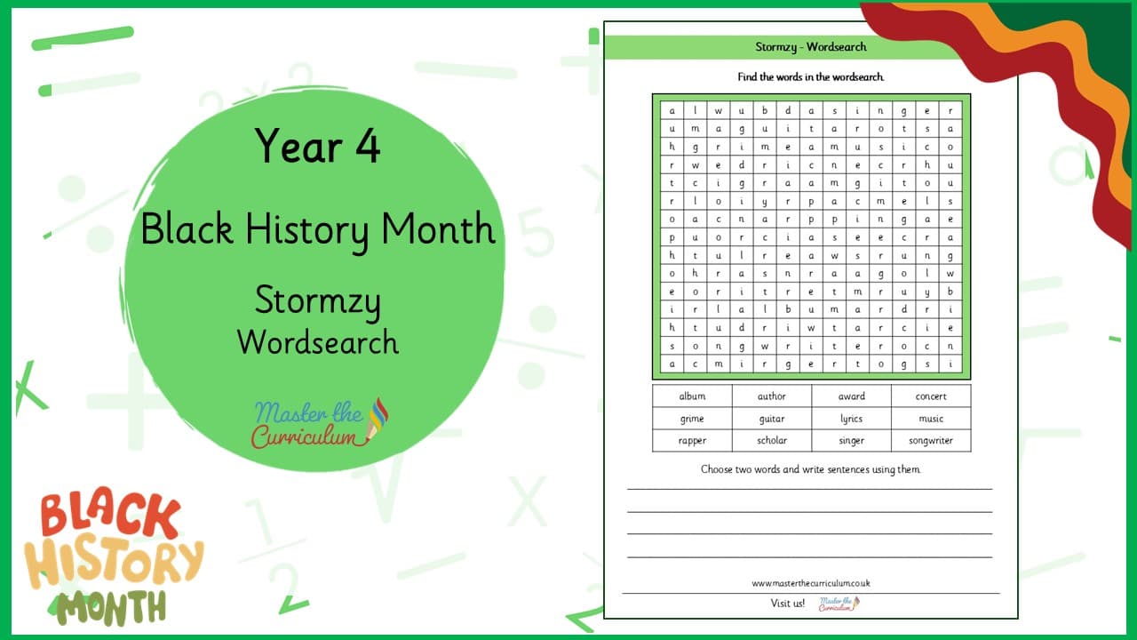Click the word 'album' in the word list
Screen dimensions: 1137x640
(x=692, y=396)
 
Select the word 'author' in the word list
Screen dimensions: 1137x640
(x=772, y=396)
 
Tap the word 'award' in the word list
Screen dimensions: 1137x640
(x=851, y=396)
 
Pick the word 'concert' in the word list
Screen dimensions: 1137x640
(x=931, y=396)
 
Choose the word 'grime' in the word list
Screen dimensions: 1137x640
(x=692, y=419)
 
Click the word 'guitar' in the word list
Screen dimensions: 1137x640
(x=772, y=419)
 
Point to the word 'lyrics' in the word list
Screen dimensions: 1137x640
(x=851, y=419)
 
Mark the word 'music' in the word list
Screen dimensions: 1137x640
(x=931, y=419)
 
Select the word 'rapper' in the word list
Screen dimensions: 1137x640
(x=692, y=441)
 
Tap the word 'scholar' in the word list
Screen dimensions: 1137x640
(x=772, y=440)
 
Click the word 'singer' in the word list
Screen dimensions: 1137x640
(x=851, y=441)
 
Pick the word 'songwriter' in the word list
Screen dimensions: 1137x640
(x=931, y=441)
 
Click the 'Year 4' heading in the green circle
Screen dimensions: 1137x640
(x=317, y=146)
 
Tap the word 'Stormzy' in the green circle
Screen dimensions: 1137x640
(x=317, y=300)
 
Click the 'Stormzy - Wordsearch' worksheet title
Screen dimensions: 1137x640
(x=811, y=47)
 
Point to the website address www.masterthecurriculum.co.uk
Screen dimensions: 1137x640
(x=811, y=583)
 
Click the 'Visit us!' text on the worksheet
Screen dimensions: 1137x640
(x=787, y=604)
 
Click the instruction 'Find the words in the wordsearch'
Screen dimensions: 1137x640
(x=811, y=77)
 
